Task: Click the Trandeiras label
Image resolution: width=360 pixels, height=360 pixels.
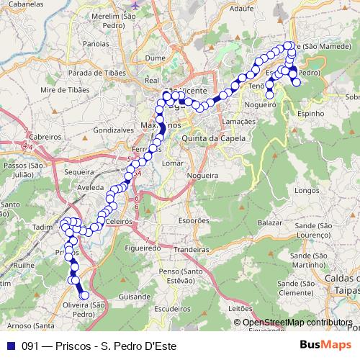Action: (x=191, y=249)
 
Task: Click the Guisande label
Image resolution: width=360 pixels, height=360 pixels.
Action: (x=135, y=296)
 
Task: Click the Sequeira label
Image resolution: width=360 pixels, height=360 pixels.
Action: (x=80, y=174)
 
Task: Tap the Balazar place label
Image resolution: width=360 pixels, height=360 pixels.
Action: (x=269, y=224)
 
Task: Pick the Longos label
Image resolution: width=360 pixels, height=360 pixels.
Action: (x=307, y=191)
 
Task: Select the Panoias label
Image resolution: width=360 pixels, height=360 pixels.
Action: (x=96, y=43)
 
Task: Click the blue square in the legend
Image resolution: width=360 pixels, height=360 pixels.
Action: (x=10, y=346)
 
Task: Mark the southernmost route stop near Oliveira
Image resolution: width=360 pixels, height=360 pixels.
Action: (x=84, y=294)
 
